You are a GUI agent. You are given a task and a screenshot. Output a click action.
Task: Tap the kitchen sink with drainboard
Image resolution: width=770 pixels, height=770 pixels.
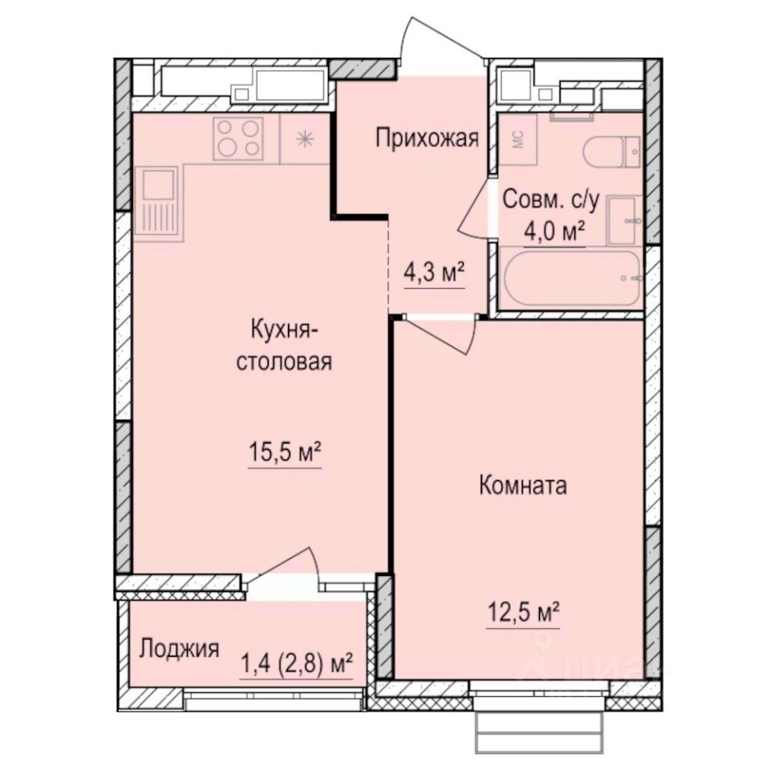click(x=159, y=201)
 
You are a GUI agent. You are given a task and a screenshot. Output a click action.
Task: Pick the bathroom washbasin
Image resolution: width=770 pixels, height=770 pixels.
click(x=624, y=220)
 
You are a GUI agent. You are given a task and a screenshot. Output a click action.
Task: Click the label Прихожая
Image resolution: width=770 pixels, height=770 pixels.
click(x=428, y=140)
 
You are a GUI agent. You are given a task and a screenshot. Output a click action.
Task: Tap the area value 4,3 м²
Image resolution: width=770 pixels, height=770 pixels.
click(x=435, y=274)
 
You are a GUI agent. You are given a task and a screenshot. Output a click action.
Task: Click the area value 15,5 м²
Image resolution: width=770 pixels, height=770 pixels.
click(x=284, y=454)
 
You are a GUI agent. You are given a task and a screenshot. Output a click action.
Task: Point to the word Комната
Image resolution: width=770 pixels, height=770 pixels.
click(x=523, y=484)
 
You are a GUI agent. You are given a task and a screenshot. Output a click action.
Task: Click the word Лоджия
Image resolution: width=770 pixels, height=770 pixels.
click(x=179, y=648)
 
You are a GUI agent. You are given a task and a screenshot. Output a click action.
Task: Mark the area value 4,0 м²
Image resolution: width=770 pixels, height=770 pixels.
click(x=553, y=233)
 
